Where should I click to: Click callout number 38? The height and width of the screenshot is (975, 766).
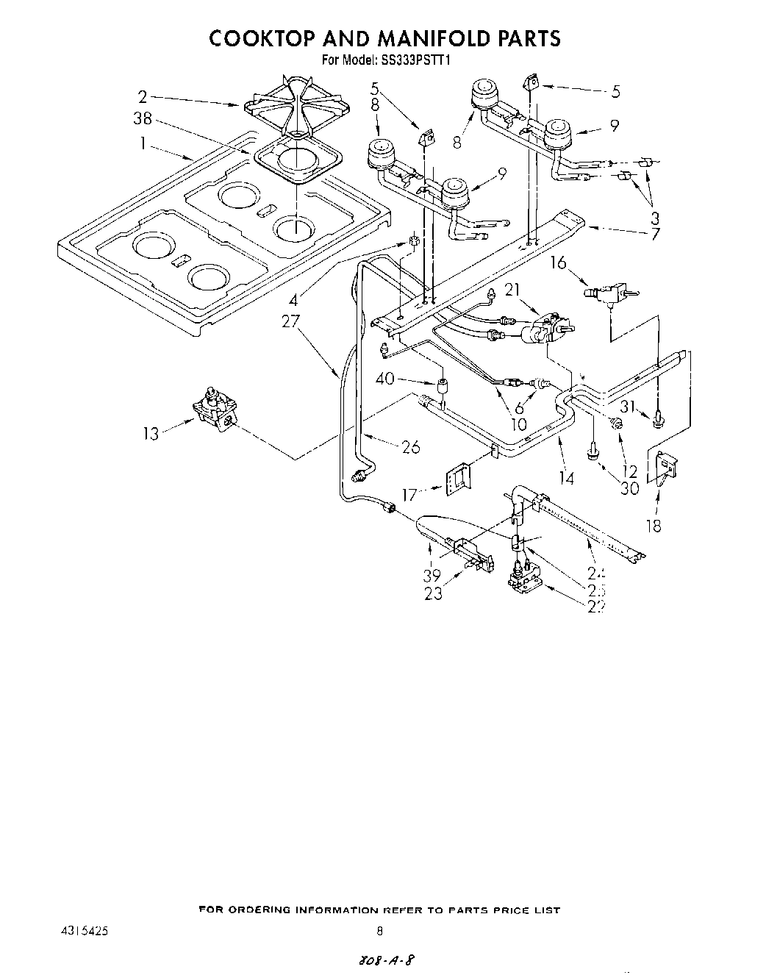click(x=143, y=119)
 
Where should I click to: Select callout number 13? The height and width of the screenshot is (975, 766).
click(x=151, y=433)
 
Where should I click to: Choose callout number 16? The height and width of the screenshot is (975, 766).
click(x=559, y=262)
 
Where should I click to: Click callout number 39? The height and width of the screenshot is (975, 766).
click(x=432, y=574)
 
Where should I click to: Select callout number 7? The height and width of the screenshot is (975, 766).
click(x=654, y=235)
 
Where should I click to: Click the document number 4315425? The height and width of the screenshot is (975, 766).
click(x=87, y=929)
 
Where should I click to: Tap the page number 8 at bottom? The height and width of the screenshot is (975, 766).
click(x=379, y=929)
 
